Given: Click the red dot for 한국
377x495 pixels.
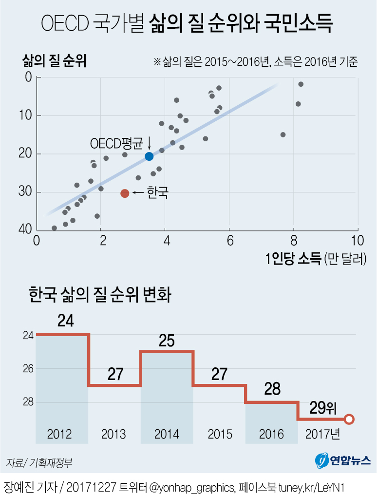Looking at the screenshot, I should [x=125, y=193].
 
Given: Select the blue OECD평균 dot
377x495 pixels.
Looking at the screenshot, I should [x=149, y=156].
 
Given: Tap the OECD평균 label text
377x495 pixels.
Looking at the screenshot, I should [x=117, y=144].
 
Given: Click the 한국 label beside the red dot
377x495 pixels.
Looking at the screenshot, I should [x=157, y=193].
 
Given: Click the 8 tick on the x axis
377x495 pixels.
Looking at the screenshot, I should [x=294, y=240].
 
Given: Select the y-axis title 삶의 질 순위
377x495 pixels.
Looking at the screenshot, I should [x=54, y=62].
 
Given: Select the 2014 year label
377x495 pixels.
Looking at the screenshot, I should [x=167, y=434].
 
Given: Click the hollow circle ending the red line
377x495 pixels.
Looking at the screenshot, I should [x=349, y=419].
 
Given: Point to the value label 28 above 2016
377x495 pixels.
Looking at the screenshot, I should [x=271, y=388].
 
